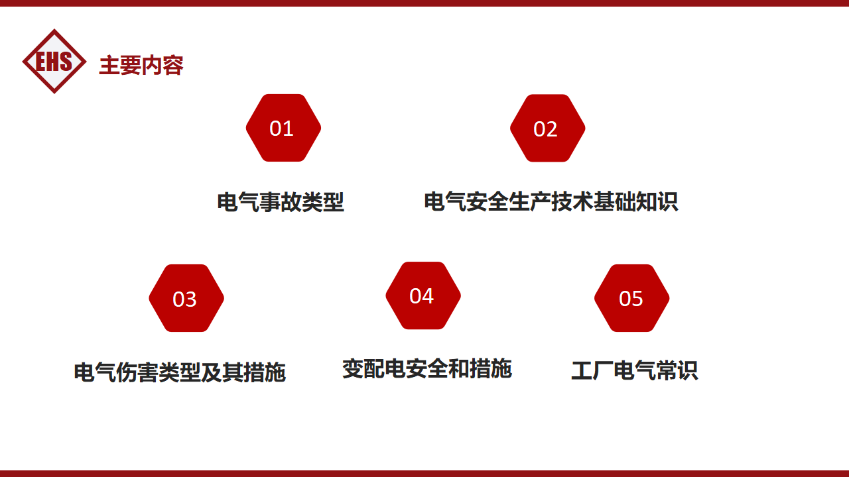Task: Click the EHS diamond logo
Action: coord(54,62)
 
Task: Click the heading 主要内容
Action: coord(141,65)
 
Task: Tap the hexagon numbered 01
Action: coord(283,128)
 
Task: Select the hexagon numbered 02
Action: coord(548,128)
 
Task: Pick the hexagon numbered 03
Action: coord(186,298)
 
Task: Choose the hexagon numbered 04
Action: coord(423,295)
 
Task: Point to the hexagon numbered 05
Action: coord(632,298)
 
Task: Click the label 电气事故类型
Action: coord(281,202)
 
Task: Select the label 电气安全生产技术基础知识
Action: coord(551,201)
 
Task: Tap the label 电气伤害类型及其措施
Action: coord(180,372)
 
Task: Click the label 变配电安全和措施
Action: coord(427,368)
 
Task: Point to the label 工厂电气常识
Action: coord(635,370)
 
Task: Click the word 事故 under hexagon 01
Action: coord(281,202)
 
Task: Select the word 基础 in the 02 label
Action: coord(614,201)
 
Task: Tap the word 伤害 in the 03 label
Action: coord(137,372)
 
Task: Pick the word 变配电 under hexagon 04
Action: coord(374,368)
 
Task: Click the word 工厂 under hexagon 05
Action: coord(592,370)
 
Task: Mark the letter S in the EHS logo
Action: coord(66,62)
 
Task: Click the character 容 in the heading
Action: coord(173,65)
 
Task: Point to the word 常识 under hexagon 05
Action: coord(677,370)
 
